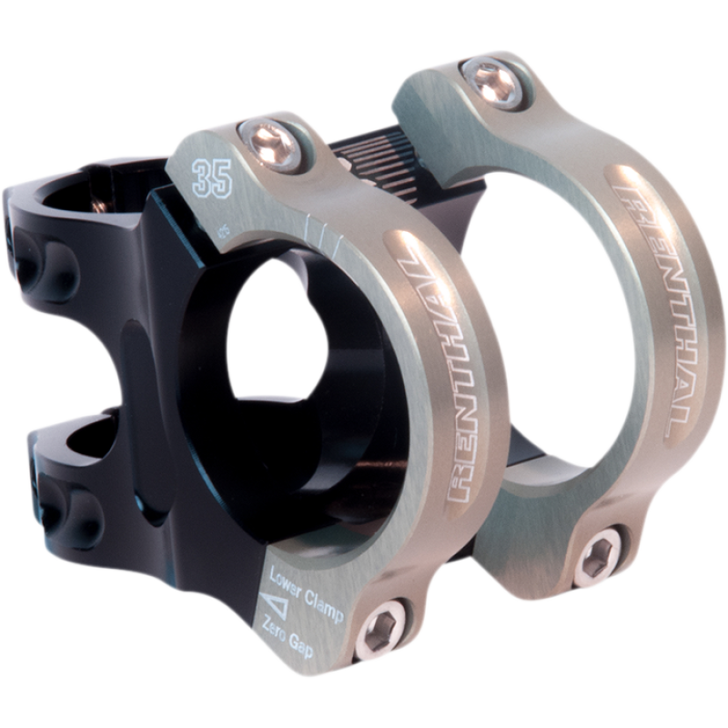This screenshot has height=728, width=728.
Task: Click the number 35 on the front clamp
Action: point(212,179)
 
